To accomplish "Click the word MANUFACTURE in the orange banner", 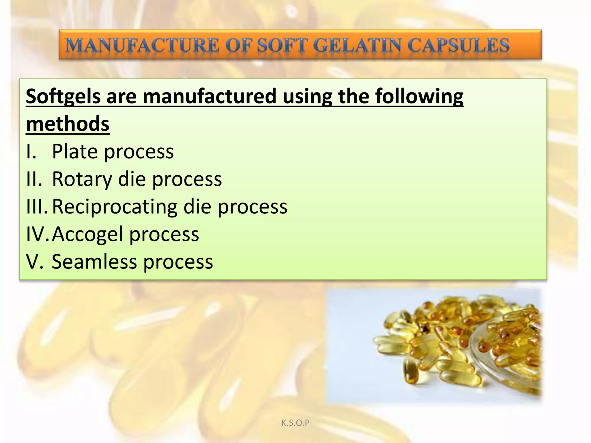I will [x=141, y=46].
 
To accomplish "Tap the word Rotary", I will [x=82, y=179].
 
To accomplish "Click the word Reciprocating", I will [x=114, y=207].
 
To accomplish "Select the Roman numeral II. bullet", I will [x=34, y=179].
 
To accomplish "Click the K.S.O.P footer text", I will [x=295, y=423].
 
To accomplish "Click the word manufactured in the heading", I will [x=210, y=97].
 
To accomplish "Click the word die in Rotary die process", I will [x=132, y=179].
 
